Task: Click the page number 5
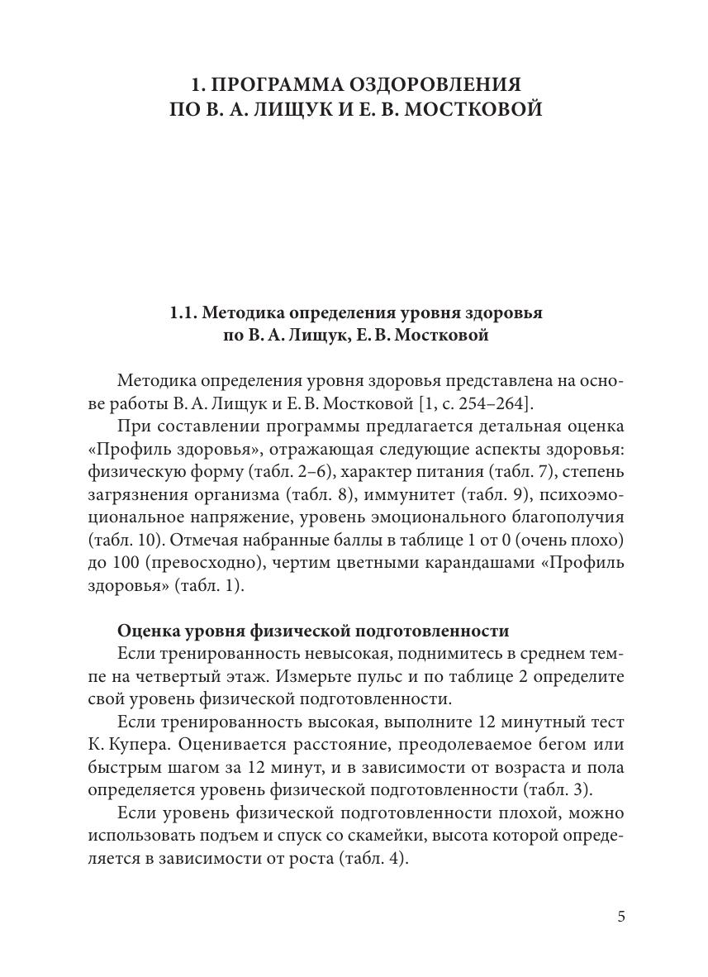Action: [621, 917]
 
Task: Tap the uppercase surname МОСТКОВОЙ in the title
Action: [466, 109]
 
